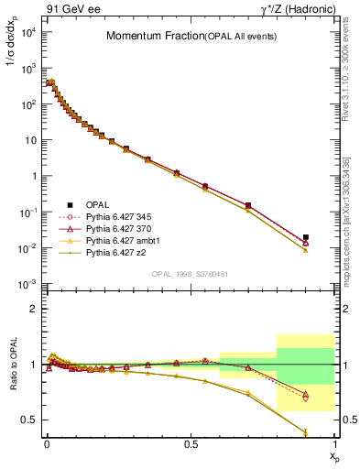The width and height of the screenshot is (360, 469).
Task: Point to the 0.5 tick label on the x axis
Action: tap(191, 444)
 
